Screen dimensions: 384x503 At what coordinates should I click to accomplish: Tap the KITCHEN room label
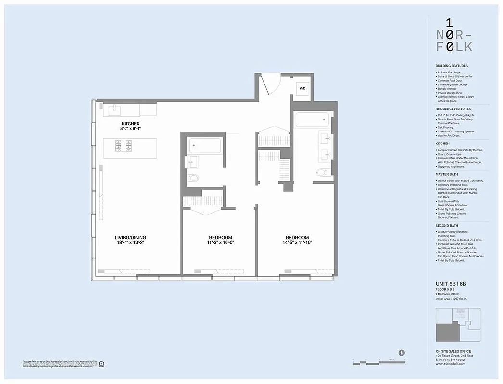pyautogui.click(x=130, y=124)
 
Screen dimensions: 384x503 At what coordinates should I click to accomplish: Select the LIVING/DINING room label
pyautogui.click(x=130, y=237)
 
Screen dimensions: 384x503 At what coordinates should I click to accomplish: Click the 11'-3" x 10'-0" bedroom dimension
pyautogui.click(x=220, y=243)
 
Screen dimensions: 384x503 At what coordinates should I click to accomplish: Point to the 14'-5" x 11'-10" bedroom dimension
pyautogui.click(x=297, y=243)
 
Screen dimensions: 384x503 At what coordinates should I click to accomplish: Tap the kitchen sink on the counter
pyautogui.click(x=115, y=110)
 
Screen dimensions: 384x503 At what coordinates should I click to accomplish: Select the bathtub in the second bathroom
pyautogui.click(x=205, y=145)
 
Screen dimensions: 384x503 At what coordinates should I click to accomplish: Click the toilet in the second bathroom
pyautogui.click(x=194, y=178)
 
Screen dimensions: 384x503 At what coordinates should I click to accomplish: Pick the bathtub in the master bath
pyautogui.click(x=314, y=119)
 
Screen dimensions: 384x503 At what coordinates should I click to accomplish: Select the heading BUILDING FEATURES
pyautogui.click(x=451, y=66)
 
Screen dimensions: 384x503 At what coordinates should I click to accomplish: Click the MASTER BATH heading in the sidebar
pyautogui.click(x=447, y=174)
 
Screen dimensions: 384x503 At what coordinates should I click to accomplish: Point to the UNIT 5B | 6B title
pyautogui.click(x=451, y=284)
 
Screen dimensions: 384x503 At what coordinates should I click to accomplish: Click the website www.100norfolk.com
pyautogui.click(x=450, y=364)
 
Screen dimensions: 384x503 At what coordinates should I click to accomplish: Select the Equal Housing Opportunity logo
pyautogui.click(x=101, y=363)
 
